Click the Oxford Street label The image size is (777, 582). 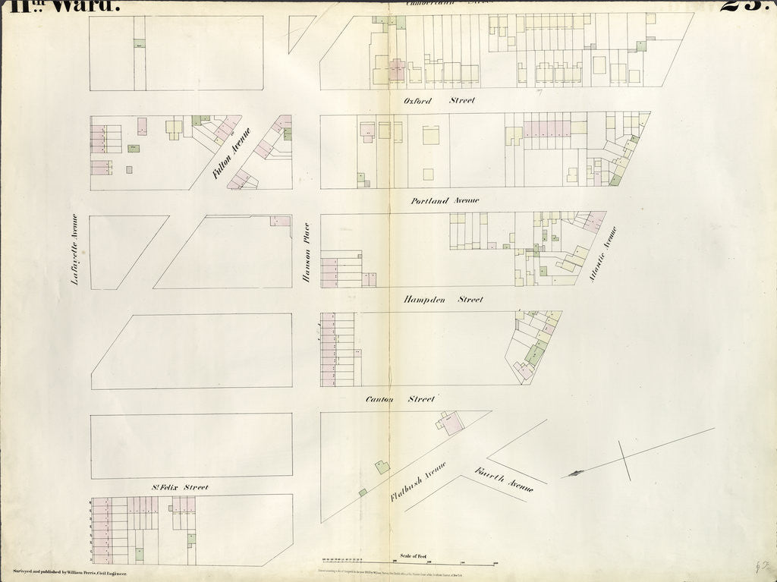pyautogui.click(x=440, y=100)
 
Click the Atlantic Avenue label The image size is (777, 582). pyautogui.click(x=603, y=254)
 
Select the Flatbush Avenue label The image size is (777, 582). pyautogui.click(x=417, y=481)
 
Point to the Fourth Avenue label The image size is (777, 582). pyautogui.click(x=504, y=479)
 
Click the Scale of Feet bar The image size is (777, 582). pyautogui.click(x=410, y=562)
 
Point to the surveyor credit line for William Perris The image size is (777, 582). pyautogui.click(x=69, y=570)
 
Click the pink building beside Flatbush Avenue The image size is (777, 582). pyautogui.click(x=452, y=423)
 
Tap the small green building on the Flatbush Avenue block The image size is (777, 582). pyautogui.click(x=382, y=467)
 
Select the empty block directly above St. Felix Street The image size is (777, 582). pyautogui.click(x=191, y=446)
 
